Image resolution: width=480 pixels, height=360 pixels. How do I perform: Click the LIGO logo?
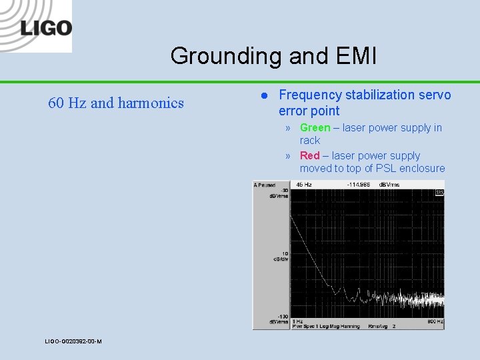pyautogui.click(x=45, y=28)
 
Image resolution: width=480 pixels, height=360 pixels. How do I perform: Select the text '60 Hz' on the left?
pyautogui.click(x=67, y=103)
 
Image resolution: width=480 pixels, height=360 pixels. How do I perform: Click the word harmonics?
pyautogui.click(x=151, y=103)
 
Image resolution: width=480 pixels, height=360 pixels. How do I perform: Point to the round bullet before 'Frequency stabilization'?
pyautogui.click(x=263, y=96)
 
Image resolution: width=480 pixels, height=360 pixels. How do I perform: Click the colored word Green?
pyautogui.click(x=315, y=128)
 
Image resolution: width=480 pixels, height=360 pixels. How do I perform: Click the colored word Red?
pyautogui.click(x=309, y=155)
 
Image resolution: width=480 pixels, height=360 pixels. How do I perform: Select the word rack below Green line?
pyautogui.click(x=310, y=141)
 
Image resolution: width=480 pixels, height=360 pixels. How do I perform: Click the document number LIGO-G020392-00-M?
pyautogui.click(x=73, y=341)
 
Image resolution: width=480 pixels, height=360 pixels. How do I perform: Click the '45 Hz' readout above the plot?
pyautogui.click(x=304, y=185)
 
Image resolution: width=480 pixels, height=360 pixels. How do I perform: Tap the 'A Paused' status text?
pyautogui.click(x=265, y=185)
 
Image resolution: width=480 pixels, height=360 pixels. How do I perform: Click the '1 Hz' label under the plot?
pyautogui.click(x=297, y=321)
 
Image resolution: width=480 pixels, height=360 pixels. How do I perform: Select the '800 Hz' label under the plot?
pyautogui.click(x=434, y=321)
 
